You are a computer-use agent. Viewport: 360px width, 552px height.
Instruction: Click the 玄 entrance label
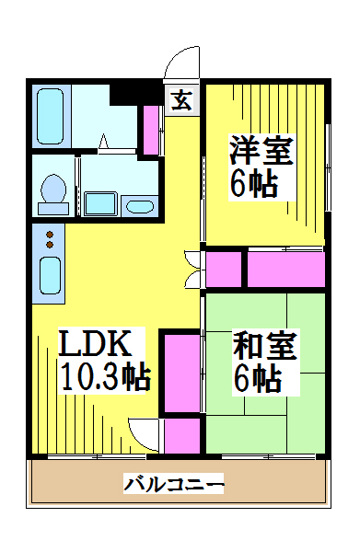(181, 100)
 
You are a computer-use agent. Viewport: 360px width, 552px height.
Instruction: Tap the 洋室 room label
(261, 151)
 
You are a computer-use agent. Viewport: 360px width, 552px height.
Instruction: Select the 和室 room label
(265, 346)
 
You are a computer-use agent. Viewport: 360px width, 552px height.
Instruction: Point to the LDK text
(95, 343)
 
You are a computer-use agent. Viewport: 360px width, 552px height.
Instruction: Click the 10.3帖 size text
(106, 377)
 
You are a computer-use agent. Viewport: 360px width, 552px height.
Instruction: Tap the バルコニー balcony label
(174, 484)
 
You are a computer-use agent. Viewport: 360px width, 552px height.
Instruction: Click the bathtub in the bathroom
(50, 116)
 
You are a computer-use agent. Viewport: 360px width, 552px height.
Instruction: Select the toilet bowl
(53, 193)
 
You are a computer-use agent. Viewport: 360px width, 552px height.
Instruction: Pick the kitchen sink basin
(50, 276)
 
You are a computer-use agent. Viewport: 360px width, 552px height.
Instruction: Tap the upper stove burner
(50, 235)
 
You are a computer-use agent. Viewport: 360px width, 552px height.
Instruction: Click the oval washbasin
(140, 207)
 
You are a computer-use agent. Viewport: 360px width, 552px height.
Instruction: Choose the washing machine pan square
(100, 203)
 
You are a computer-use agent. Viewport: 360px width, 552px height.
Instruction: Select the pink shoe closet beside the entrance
(151, 130)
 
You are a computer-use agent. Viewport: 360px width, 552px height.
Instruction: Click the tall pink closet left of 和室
(182, 374)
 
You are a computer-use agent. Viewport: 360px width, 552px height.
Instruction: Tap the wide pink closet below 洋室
(286, 270)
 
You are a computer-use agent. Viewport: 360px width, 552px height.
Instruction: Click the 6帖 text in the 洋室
(253, 185)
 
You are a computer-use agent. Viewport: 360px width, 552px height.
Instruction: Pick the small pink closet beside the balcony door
(182, 436)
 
